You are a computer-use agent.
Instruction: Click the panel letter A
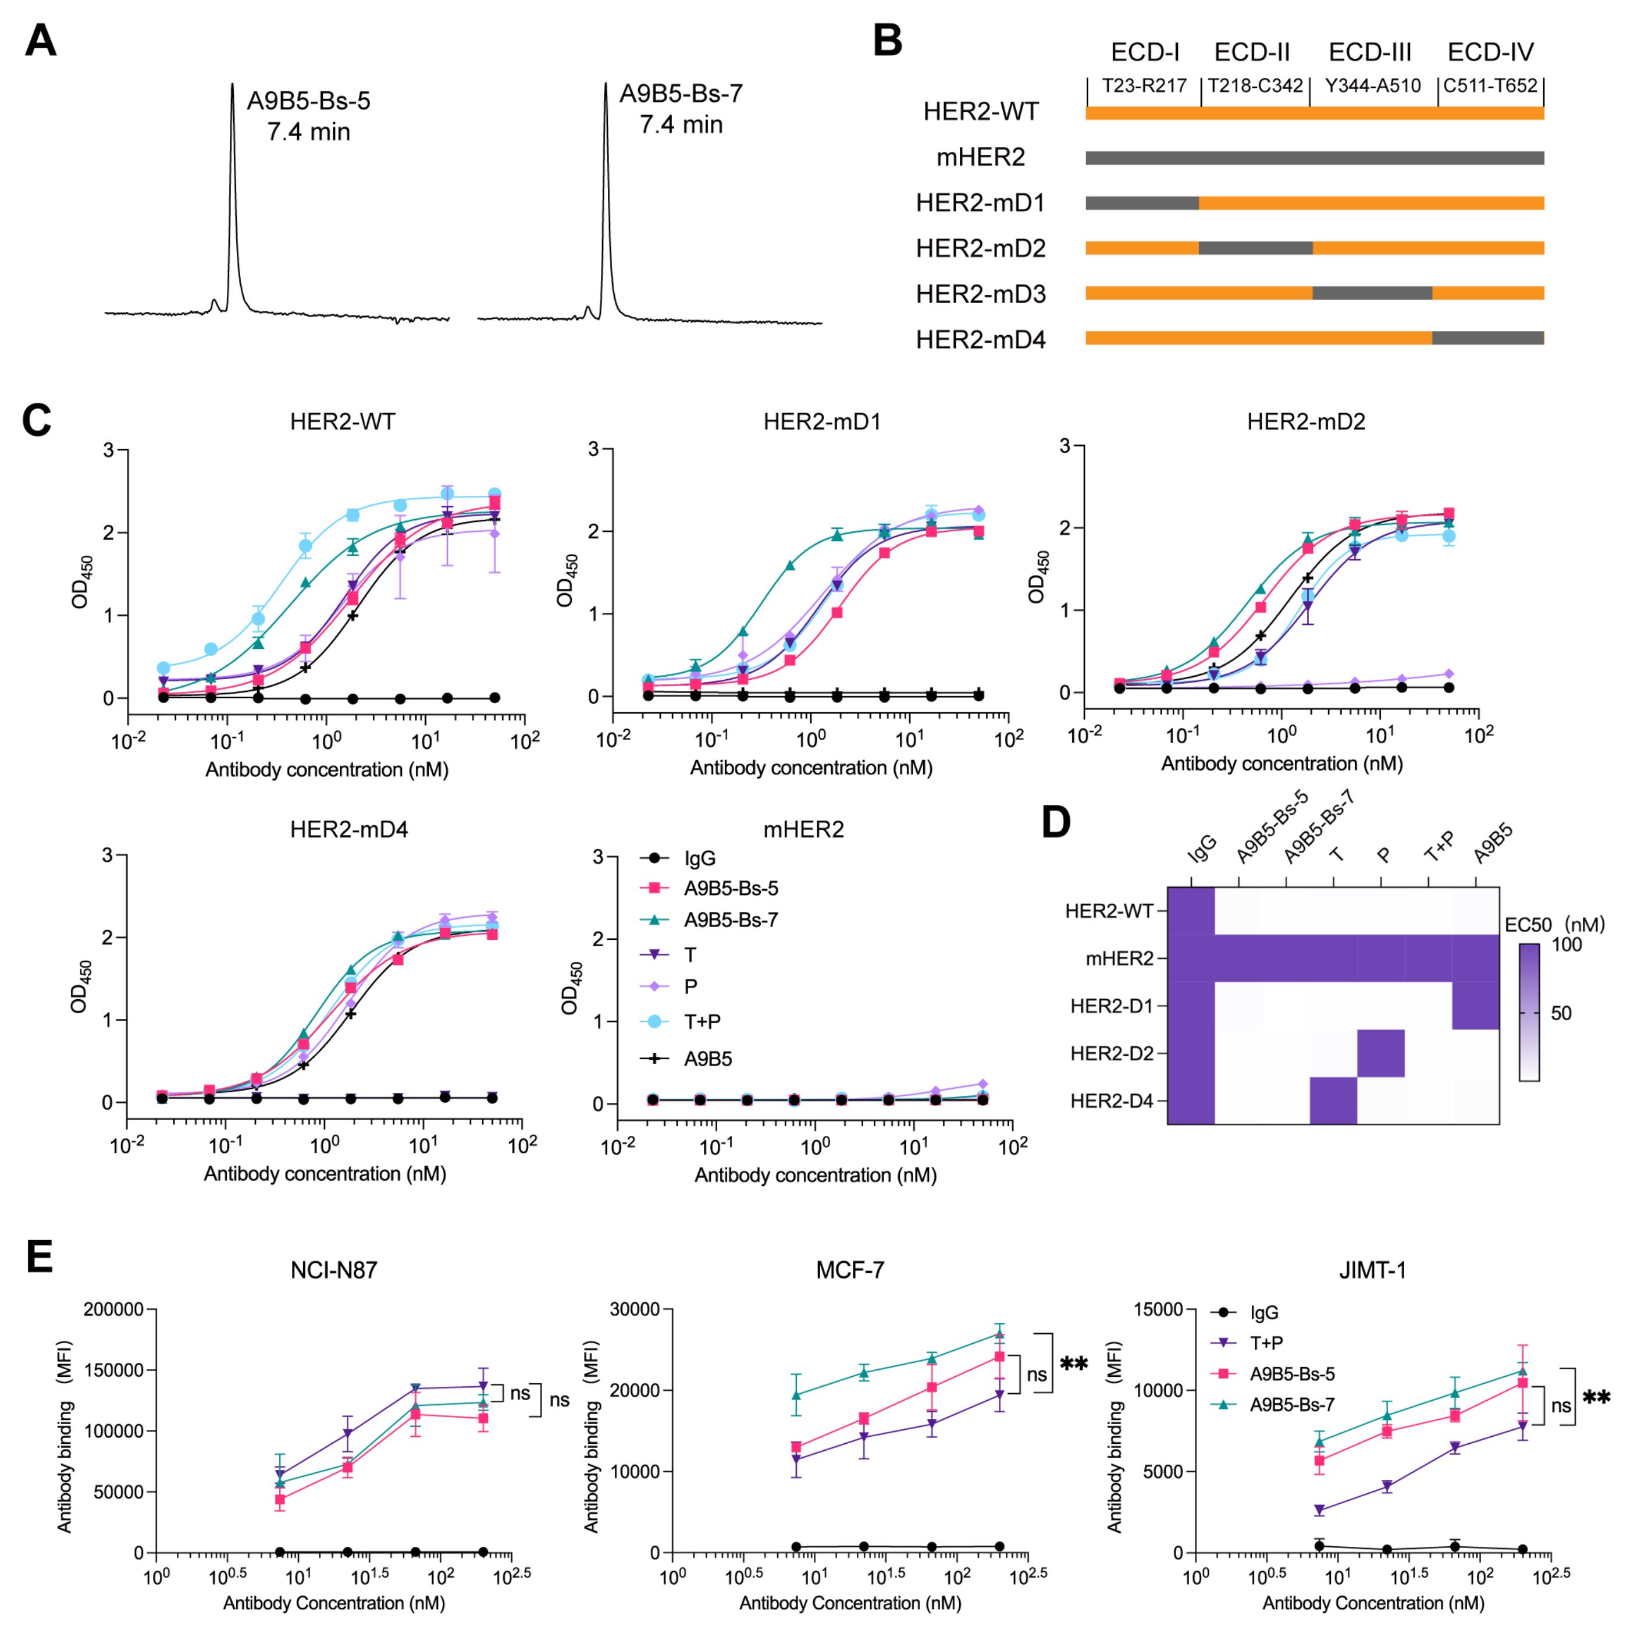(41, 41)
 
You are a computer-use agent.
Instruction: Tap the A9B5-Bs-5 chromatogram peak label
(308, 116)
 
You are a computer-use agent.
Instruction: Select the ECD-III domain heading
(1370, 52)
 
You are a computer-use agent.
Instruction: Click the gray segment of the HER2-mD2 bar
(1255, 248)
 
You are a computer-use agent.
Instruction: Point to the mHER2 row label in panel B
(980, 158)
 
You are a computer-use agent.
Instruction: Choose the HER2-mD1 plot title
(822, 421)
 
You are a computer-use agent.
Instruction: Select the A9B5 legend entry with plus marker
(707, 1059)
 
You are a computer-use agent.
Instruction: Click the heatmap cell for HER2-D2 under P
(1381, 1053)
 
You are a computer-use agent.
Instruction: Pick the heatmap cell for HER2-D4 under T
(1333, 1100)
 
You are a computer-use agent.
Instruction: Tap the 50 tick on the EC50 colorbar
(1560, 1013)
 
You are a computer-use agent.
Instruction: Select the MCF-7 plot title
(850, 1271)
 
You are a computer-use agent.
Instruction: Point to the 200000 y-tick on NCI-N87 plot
(113, 1309)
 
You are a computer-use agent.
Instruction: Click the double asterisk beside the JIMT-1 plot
(1596, 1397)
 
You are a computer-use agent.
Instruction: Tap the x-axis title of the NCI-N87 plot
(334, 1603)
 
